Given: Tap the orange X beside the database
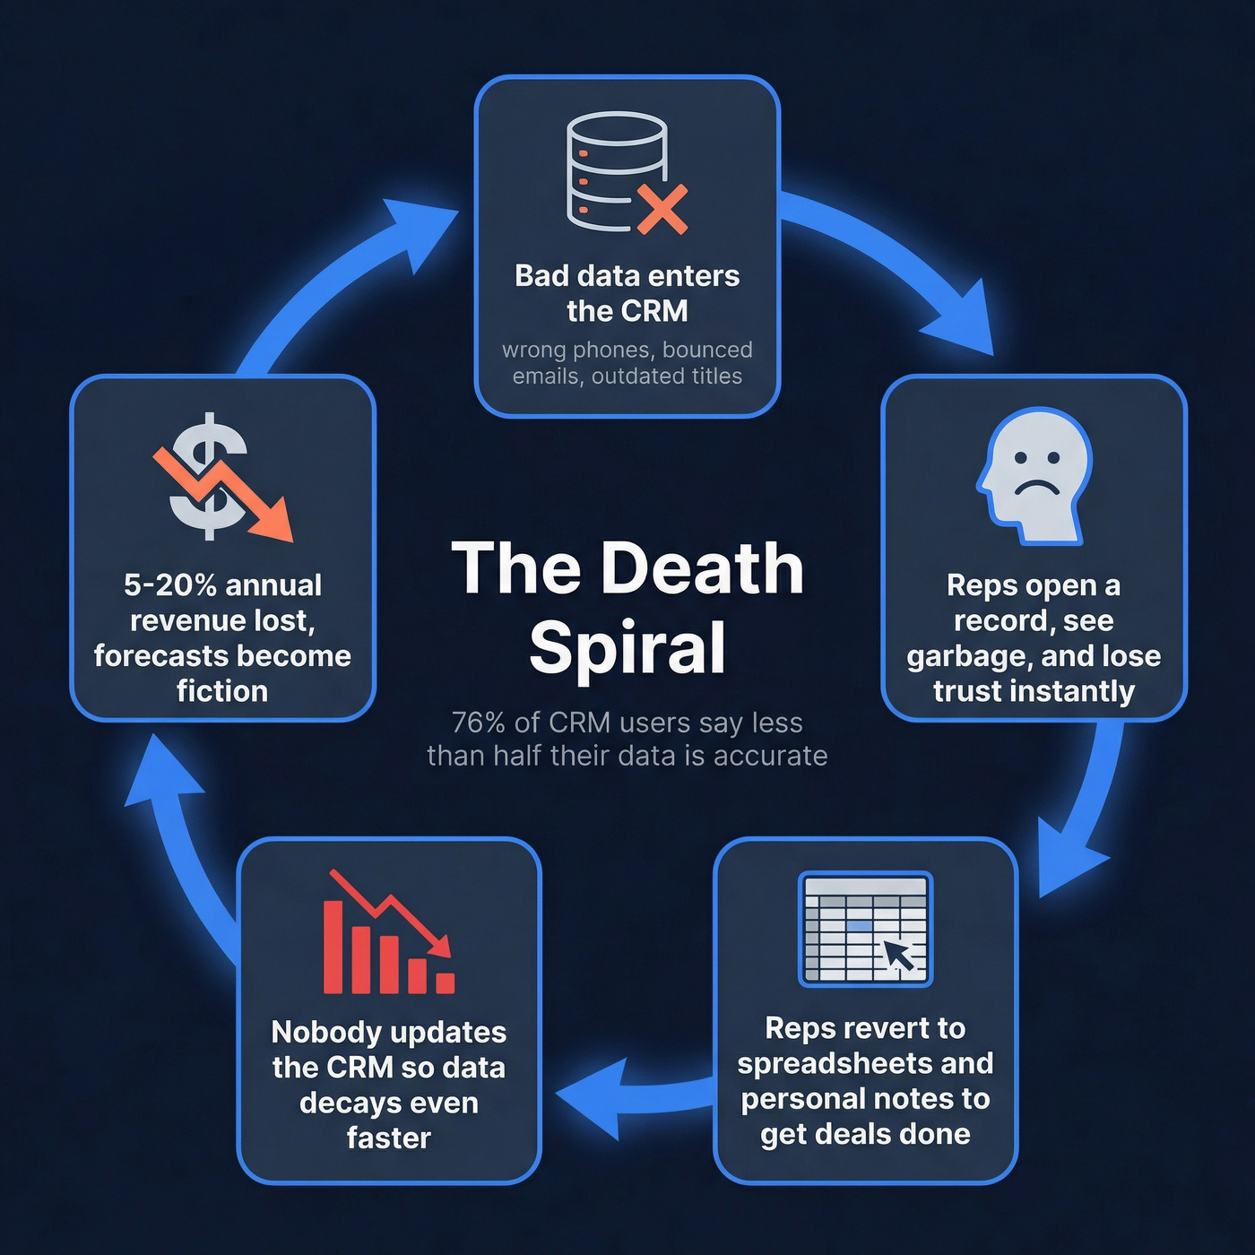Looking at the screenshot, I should tap(662, 209).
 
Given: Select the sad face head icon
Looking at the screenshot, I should tap(1034, 475).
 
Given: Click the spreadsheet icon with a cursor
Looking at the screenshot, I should tap(865, 928).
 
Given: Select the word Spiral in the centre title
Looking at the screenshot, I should tap(627, 647).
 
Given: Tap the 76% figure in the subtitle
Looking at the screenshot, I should tap(479, 723).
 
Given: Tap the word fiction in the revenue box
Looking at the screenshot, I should tap(222, 691).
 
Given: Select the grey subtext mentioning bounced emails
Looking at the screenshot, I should tap(627, 363).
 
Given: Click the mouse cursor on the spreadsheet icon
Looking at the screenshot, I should tap(899, 956).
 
